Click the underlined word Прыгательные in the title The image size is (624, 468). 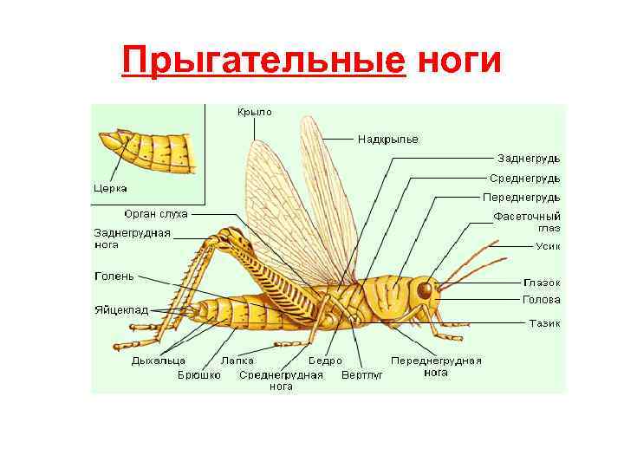point(263,61)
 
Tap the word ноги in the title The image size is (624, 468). point(458,61)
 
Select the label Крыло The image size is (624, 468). point(255,112)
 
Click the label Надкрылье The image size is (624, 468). point(387,139)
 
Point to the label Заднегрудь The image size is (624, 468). point(529,159)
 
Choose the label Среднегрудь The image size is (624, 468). point(525,178)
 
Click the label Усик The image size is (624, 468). point(547,246)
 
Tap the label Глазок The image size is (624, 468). point(542,283)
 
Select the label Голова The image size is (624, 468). point(542,300)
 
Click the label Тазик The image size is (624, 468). point(545,323)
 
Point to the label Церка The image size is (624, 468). point(111,188)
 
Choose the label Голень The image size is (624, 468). point(114,276)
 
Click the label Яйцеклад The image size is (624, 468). point(121,309)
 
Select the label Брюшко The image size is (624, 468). point(199,374)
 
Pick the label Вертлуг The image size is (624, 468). point(362,374)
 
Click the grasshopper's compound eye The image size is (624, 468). point(424,289)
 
